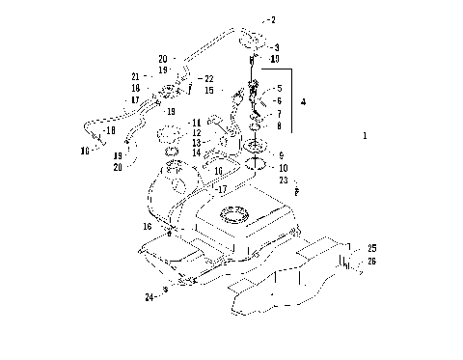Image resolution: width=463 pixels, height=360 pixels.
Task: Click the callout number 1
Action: click(365, 136)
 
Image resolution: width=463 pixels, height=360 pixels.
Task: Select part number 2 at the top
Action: click(273, 19)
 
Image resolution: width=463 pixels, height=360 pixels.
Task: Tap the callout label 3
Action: click(277, 46)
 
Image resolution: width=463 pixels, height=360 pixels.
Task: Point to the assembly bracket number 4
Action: click(304, 100)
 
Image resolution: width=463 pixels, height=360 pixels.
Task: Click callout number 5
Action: click(279, 88)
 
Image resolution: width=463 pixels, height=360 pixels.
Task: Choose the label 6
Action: click(279, 100)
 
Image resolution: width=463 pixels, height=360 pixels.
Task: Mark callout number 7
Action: click(279, 113)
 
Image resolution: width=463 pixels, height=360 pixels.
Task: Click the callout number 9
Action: click(281, 154)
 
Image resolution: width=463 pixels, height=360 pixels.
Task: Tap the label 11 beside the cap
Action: click(196, 123)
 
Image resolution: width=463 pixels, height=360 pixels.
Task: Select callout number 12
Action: click(196, 132)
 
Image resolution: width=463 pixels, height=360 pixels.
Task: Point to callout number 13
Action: click(196, 143)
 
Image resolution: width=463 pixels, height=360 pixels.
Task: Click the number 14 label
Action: click(196, 152)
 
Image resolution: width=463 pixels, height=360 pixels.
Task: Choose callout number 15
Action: click(208, 90)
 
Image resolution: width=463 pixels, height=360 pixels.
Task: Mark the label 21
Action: click(136, 75)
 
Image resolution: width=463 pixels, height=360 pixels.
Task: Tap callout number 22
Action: click(209, 78)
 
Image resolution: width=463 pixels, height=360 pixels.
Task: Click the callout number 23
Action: click(284, 180)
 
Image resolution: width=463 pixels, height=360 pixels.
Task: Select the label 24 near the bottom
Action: click(150, 297)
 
